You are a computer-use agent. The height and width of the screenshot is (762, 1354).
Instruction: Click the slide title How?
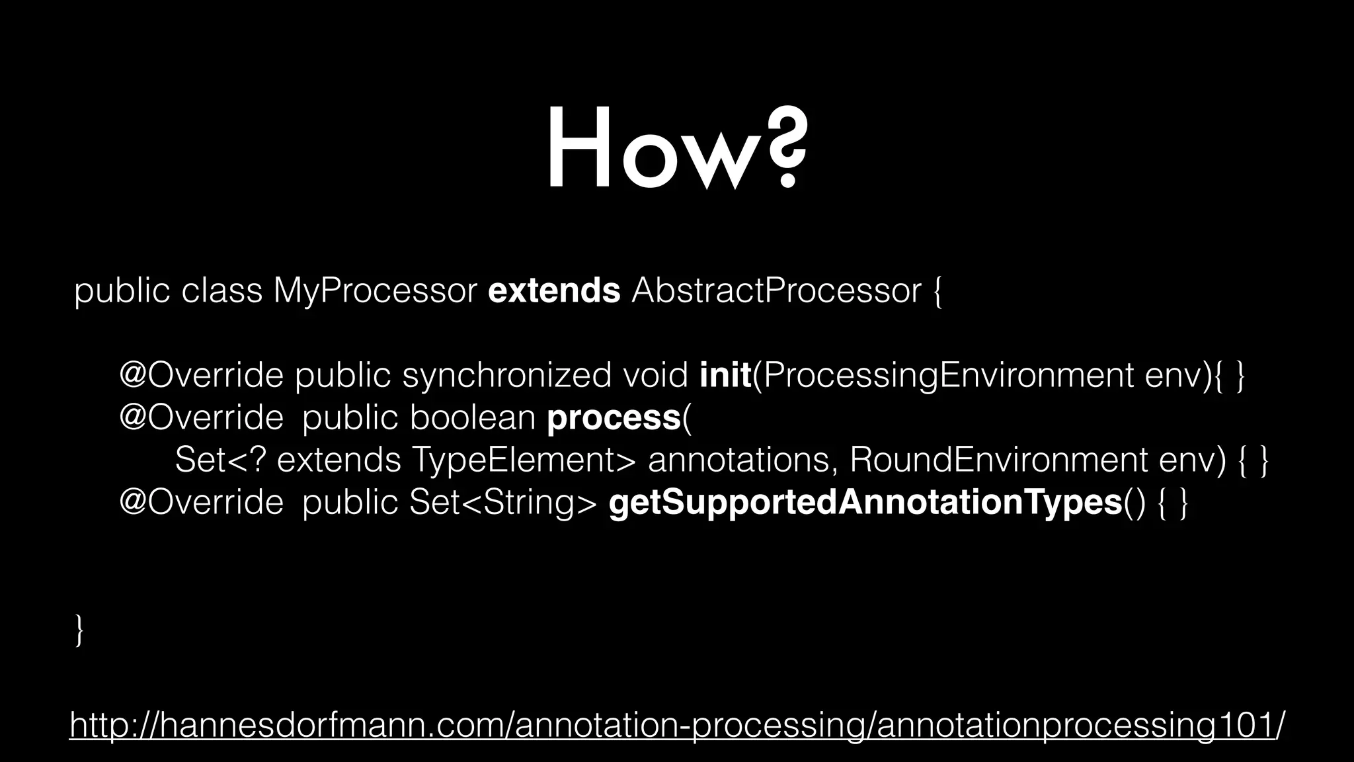676,149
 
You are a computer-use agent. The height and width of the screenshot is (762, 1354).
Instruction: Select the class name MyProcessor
375,292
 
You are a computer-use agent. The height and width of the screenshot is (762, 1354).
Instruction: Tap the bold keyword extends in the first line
554,291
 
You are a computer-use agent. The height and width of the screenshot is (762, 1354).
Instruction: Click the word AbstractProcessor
776,291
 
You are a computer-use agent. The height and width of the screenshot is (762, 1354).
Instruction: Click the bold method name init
725,376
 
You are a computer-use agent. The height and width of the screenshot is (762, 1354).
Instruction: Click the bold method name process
614,418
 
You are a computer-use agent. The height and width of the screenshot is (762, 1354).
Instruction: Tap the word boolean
472,418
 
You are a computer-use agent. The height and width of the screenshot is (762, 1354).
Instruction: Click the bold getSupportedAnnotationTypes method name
865,503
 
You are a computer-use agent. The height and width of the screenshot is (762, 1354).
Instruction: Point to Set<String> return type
503,503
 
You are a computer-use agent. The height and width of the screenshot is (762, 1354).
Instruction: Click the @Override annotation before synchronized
201,376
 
